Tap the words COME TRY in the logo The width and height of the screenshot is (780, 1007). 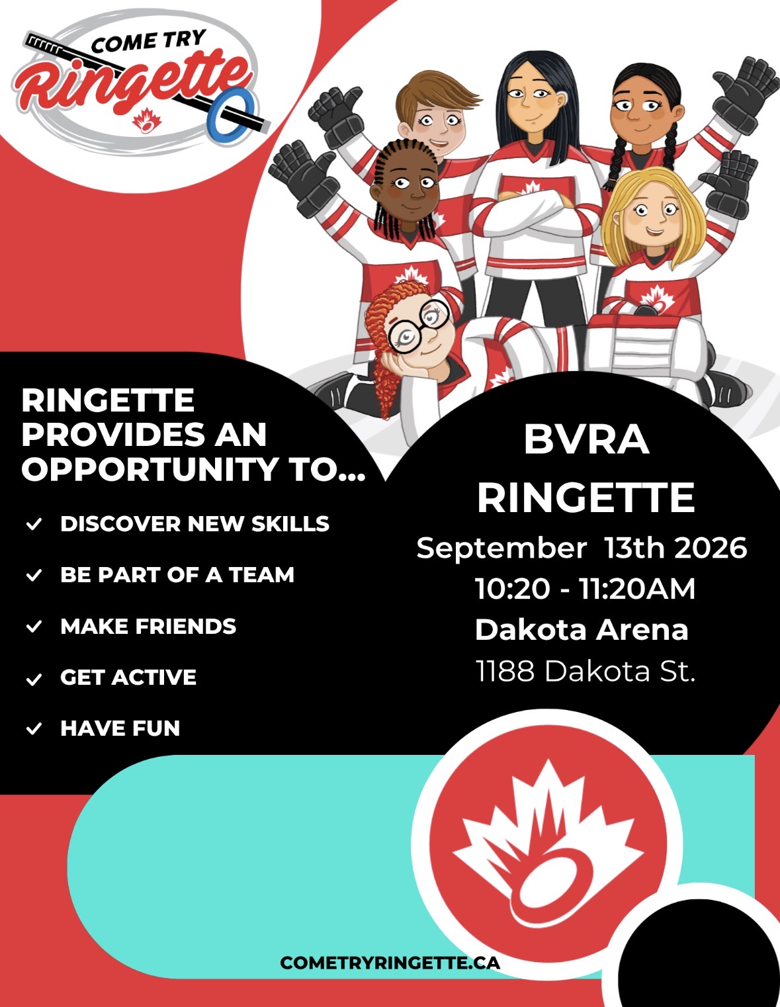(x=148, y=41)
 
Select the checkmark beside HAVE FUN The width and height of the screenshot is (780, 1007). (x=34, y=729)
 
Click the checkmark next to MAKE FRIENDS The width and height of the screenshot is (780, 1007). (x=34, y=627)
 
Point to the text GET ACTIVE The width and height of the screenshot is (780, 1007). (x=128, y=677)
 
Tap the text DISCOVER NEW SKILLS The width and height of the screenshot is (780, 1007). (x=195, y=523)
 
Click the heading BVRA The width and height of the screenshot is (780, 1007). (x=586, y=440)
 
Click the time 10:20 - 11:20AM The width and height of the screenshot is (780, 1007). (x=585, y=589)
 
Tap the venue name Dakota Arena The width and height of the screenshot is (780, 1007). (x=582, y=630)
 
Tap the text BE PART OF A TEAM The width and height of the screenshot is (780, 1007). (x=177, y=575)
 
